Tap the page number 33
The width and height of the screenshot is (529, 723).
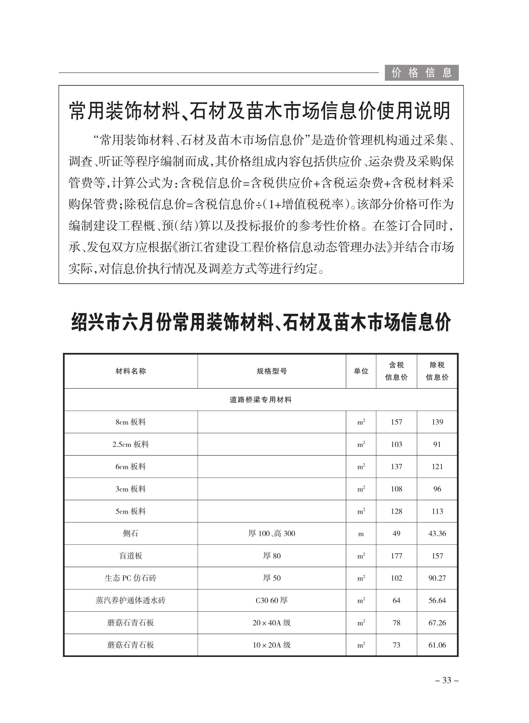point(447,680)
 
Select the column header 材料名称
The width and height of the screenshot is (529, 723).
point(131,371)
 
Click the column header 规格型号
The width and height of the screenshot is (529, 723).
point(272,371)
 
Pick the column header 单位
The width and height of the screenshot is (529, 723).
point(361,371)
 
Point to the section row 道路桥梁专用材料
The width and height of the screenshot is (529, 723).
point(260,400)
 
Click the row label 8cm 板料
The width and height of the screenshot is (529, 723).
point(131,422)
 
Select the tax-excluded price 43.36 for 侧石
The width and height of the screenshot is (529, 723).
point(437,533)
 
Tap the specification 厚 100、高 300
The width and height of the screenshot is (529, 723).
point(272,533)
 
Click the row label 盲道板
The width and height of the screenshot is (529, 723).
point(131,556)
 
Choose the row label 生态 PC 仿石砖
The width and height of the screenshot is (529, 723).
point(131,578)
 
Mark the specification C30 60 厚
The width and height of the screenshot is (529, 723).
point(272,600)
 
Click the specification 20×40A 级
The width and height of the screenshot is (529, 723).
point(272,623)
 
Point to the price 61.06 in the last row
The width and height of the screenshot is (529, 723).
point(437,645)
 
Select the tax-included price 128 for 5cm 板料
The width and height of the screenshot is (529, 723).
point(396,511)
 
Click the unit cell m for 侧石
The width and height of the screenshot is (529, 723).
point(361,534)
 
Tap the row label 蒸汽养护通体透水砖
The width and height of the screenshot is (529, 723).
point(131,600)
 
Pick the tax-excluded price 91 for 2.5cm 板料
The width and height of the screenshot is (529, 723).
point(437,444)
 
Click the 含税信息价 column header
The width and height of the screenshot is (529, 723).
point(396,371)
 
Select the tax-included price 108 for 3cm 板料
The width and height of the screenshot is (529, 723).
point(396,489)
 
